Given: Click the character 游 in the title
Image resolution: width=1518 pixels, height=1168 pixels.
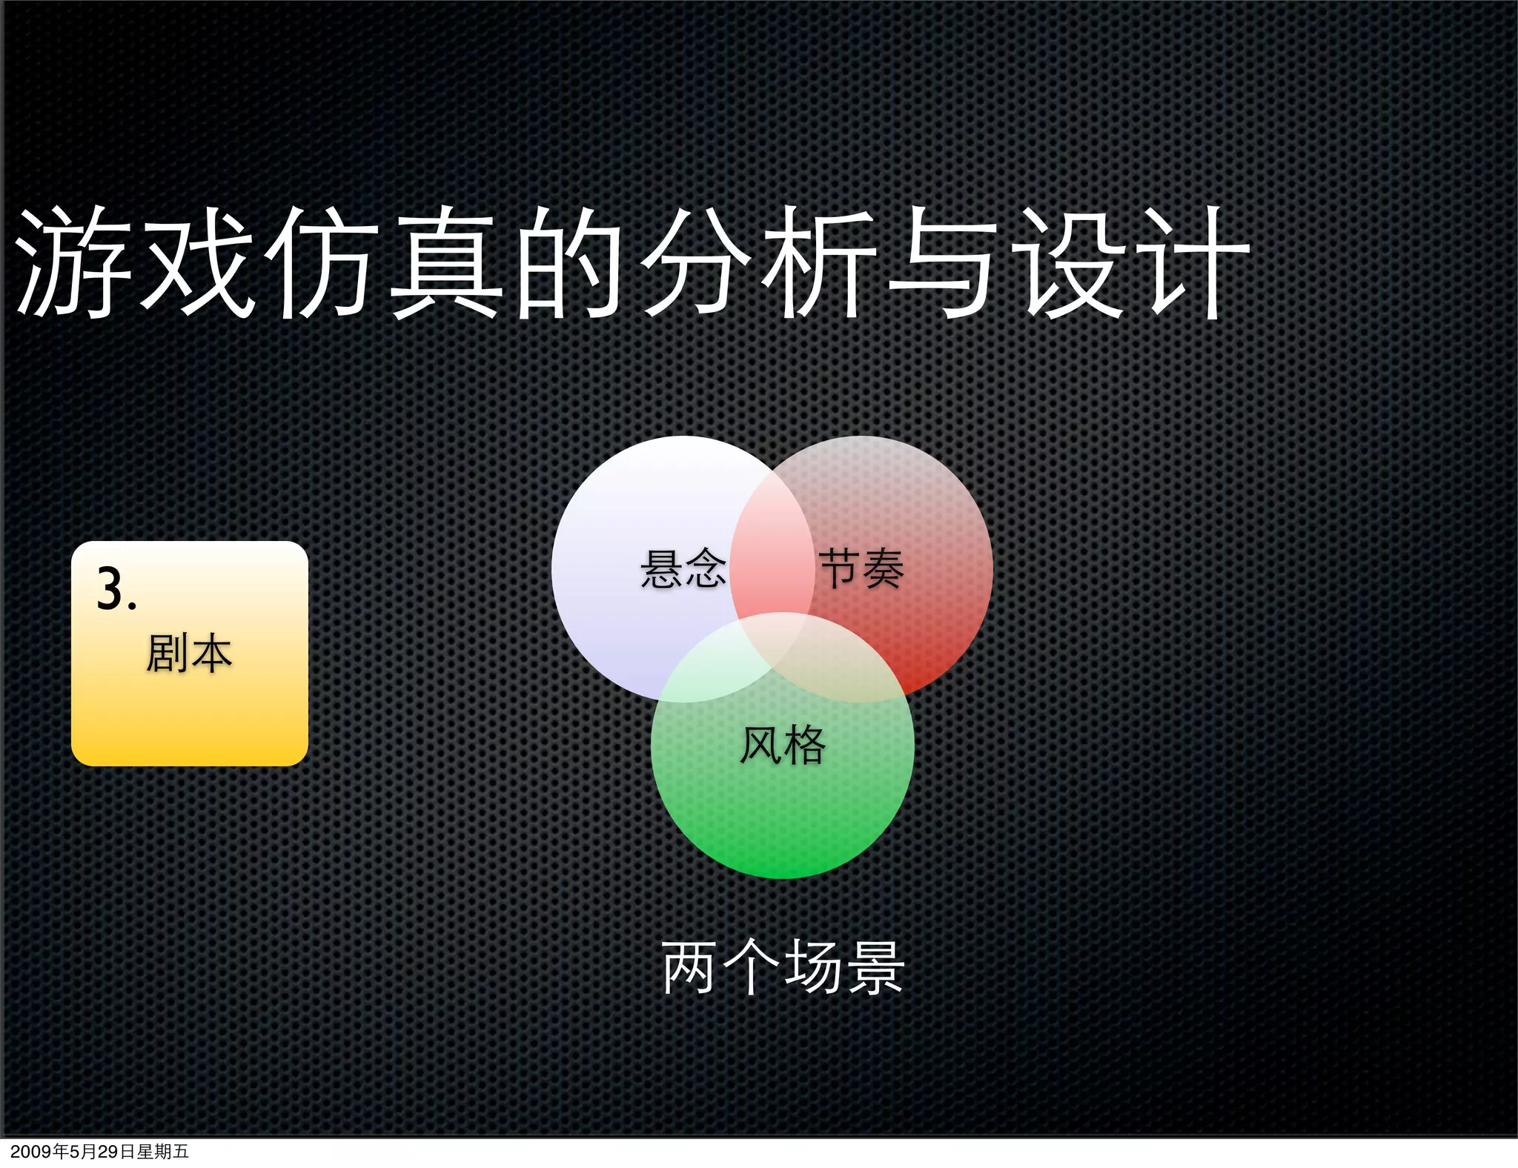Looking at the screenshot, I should pyautogui.click(x=74, y=263).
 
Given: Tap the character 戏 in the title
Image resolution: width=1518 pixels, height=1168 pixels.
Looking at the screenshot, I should pyautogui.click(x=199, y=263).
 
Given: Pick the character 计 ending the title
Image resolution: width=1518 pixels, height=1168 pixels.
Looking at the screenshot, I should pyautogui.click(x=1193, y=263).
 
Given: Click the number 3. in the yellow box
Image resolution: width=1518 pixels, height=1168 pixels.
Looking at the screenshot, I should pyautogui.click(x=116, y=590).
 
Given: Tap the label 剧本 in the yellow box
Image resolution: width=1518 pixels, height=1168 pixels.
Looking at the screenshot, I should pyautogui.click(x=189, y=654).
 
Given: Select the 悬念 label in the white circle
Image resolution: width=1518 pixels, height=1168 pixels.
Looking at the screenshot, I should pyautogui.click(x=683, y=569).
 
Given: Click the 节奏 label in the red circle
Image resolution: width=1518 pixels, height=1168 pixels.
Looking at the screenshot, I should pyautogui.click(x=861, y=569).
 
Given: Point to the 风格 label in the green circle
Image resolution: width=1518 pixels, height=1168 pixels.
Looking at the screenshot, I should pyautogui.click(x=783, y=745).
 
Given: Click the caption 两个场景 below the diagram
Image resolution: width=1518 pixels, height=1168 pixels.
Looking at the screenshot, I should pyautogui.click(x=783, y=967).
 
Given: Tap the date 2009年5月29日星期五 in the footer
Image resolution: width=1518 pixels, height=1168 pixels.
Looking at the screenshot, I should pyautogui.click(x=100, y=1152).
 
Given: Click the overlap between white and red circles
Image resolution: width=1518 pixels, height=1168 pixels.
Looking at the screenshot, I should pyautogui.click(x=772, y=548).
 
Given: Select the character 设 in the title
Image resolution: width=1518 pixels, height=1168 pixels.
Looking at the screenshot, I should pyautogui.click(x=1069, y=263).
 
